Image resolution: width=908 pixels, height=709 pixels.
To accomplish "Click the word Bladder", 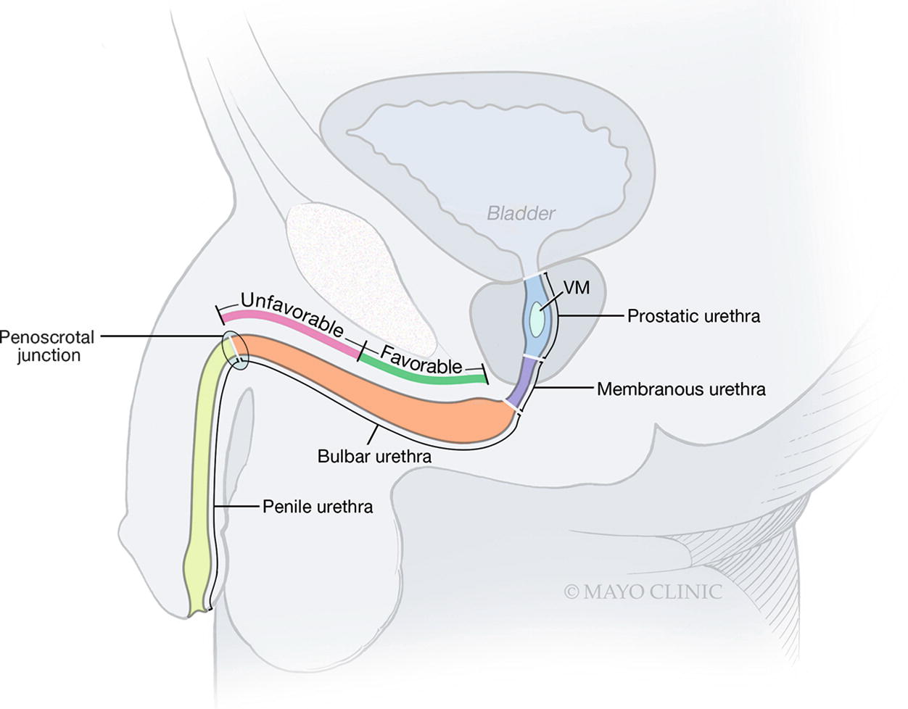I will pyautogui.click(x=521, y=213).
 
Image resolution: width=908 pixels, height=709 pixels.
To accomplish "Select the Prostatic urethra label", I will pyautogui.click(x=693, y=316).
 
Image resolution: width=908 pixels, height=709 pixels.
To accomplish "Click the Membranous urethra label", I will pyautogui.click(x=681, y=389).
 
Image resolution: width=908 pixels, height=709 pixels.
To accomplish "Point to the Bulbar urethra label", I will pyautogui.click(x=374, y=457).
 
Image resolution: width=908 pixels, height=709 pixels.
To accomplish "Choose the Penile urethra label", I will pyautogui.click(x=318, y=506).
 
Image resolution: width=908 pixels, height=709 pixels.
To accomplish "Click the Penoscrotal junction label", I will pyautogui.click(x=47, y=346).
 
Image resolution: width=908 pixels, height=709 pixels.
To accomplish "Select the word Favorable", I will pyautogui.click(x=421, y=360).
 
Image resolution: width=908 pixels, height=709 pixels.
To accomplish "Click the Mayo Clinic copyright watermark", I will pyautogui.click(x=643, y=592).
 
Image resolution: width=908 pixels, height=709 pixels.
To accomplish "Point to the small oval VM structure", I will pyautogui.click(x=537, y=319).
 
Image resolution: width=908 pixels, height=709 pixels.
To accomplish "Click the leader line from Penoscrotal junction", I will pyautogui.click(x=160, y=336).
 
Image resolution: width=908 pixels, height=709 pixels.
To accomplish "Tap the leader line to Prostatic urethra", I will pyautogui.click(x=591, y=316).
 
